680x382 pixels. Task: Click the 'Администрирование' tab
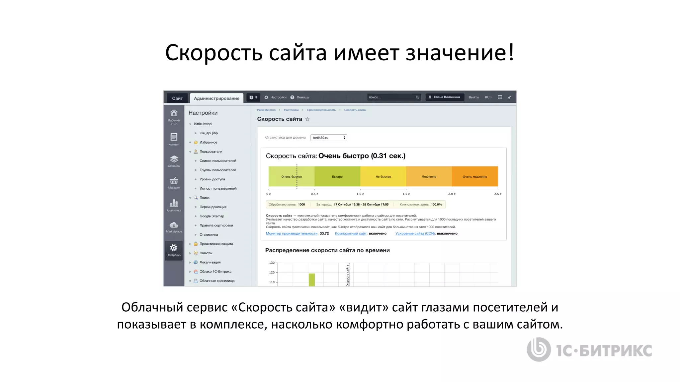(216, 98)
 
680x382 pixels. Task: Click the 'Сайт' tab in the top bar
(177, 98)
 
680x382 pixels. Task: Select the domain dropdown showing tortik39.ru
(328, 138)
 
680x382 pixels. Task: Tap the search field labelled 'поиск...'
(391, 97)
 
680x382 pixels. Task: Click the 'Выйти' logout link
(473, 97)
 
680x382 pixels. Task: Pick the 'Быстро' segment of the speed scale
(337, 176)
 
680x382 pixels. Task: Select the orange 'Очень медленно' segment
(475, 176)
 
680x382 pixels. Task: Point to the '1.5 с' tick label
(406, 194)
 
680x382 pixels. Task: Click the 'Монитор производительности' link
(292, 233)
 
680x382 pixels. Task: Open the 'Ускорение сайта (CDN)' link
(415, 233)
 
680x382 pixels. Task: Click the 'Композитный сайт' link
(351, 233)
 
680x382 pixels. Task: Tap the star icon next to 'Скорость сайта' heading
(307, 119)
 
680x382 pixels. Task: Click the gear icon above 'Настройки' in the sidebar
(174, 248)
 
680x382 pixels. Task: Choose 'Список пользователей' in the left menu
(218, 161)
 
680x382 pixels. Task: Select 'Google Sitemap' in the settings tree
(212, 216)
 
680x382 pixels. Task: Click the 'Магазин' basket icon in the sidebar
(174, 181)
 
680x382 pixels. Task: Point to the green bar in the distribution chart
(311, 280)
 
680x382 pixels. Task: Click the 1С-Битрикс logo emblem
(539, 350)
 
